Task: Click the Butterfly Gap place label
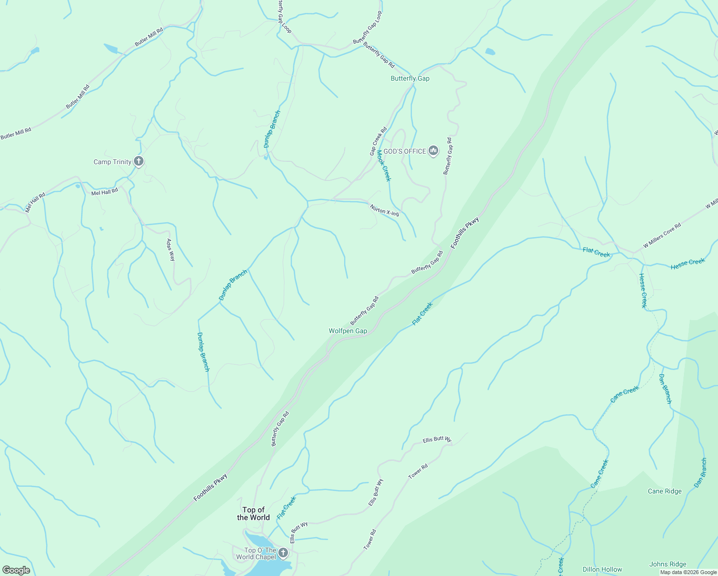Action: (410, 79)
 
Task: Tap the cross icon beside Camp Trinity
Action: (139, 161)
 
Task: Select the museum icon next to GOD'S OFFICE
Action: (433, 151)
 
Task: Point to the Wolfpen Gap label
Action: (347, 331)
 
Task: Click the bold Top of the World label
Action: (253, 514)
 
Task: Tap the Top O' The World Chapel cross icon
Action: (283, 553)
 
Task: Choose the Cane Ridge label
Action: (664, 491)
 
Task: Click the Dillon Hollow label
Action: (602, 569)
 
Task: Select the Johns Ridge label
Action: (668, 564)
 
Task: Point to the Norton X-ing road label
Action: (384, 210)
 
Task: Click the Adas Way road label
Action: (170, 250)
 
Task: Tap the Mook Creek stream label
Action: (383, 166)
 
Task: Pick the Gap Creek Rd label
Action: (378, 141)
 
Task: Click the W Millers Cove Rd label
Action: (662, 235)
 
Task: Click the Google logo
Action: (16, 570)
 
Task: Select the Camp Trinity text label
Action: (112, 162)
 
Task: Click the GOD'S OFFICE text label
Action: (405, 151)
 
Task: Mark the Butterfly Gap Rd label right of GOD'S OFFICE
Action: (447, 156)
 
